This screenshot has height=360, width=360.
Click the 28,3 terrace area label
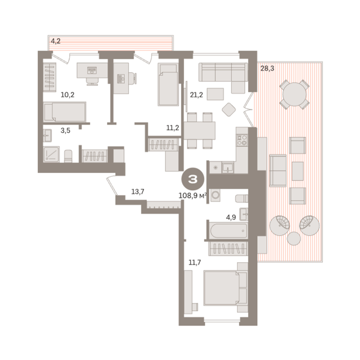pyautogui.click(x=267, y=68)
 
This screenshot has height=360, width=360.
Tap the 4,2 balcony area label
pyautogui.click(x=56, y=41)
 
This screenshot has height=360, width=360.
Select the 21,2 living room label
pyautogui.click(x=196, y=95)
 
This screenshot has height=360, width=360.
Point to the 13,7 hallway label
pyautogui.click(x=138, y=191)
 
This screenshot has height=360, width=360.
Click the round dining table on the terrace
pyautogui.click(x=294, y=94)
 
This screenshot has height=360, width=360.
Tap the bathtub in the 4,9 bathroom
pyautogui.click(x=229, y=231)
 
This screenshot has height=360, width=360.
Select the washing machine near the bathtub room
pyautogui.click(x=215, y=195)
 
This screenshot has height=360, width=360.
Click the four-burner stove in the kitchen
pyautogui.click(x=242, y=140)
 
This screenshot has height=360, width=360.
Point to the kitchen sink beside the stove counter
pyautogui.click(x=228, y=168)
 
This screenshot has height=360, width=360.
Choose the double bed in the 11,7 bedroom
pyautogui.click(x=225, y=288)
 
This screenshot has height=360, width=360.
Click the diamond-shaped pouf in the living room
pyautogui.click(x=229, y=110)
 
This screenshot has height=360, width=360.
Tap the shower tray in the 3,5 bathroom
pyautogui.click(x=52, y=154)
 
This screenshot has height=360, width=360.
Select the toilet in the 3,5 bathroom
pyautogui.click(x=68, y=156)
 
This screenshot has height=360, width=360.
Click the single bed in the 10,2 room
pyautogui.click(x=65, y=112)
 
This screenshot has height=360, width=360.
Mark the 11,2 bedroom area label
pyautogui.click(x=172, y=127)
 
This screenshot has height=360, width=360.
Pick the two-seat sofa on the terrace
pyautogui.click(x=278, y=171)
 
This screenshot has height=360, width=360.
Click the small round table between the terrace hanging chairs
pyautogui.click(x=293, y=239)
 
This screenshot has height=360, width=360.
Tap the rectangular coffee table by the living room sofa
pyautogui.click(x=215, y=94)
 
